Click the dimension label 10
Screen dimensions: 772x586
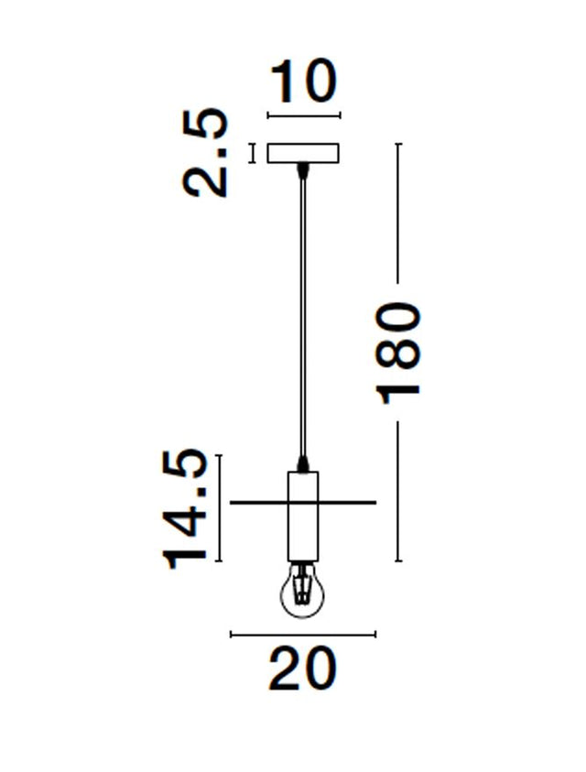[x=303, y=82]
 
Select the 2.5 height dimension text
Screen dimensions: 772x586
[x=205, y=152]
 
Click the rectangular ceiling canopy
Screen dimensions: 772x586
[x=303, y=153]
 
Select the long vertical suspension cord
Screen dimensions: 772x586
[x=302, y=311]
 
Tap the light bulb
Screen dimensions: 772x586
[x=302, y=593]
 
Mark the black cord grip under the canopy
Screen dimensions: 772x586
[x=302, y=169]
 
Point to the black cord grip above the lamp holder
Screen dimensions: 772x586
[x=302, y=463]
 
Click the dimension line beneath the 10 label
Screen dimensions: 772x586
[x=303, y=115]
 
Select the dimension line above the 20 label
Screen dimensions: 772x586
[x=302, y=634]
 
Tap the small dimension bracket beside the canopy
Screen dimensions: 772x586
[x=254, y=153]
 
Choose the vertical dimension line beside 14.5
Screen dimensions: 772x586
[x=221, y=508]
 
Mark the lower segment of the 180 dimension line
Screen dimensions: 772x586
[x=398, y=495]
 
